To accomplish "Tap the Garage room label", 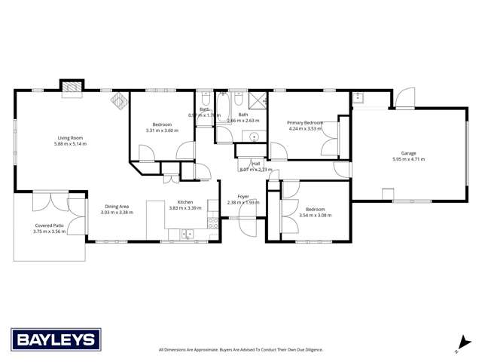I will pos(409,153).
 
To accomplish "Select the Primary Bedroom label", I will pos(305,122).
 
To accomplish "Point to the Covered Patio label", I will pos(50,225).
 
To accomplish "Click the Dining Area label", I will pos(116,206).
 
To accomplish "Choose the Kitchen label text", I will pos(185,201).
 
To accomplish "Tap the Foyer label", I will pos(243,196).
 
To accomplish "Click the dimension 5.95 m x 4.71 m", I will pos(409,159).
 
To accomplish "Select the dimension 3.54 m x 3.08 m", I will pos(314,215).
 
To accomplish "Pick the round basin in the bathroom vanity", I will pos(255,137).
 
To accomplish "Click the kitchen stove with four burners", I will pos(212,223).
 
